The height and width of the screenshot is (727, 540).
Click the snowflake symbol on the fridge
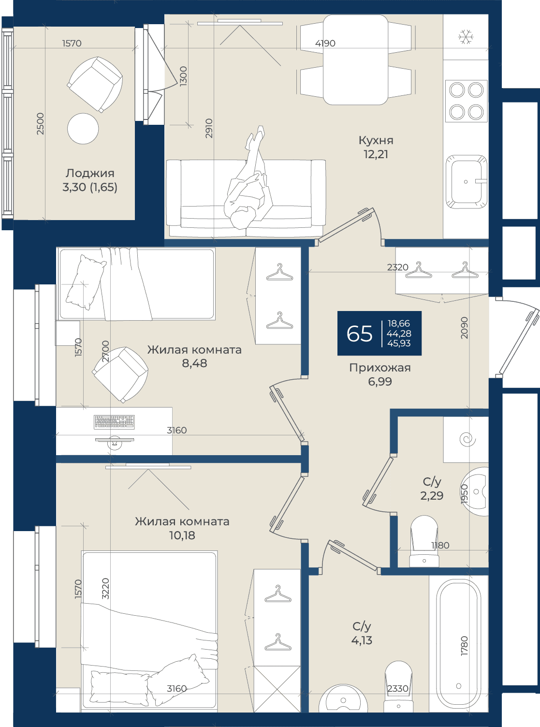tap(466, 37)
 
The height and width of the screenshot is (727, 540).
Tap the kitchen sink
tap(466, 181)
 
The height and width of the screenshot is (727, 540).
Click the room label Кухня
tap(376, 140)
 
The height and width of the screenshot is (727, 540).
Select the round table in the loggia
tap(83, 129)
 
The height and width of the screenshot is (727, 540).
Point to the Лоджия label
tap(90, 173)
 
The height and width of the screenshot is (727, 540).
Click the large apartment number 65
tap(360, 334)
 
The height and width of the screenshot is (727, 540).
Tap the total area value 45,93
tap(399, 343)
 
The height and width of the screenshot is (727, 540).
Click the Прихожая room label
tap(380, 368)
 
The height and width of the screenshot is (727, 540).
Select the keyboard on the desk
tap(114, 422)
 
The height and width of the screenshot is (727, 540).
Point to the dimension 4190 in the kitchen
tap(325, 43)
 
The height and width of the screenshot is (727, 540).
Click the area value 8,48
tap(194, 363)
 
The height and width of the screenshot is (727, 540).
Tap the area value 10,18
tap(182, 535)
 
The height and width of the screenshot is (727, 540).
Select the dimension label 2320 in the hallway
tap(398, 267)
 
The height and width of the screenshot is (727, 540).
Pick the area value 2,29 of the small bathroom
tap(432, 496)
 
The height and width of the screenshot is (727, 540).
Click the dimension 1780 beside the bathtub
tap(464, 646)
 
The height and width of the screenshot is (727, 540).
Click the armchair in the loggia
tap(95, 84)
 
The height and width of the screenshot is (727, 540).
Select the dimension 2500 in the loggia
tap(40, 123)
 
